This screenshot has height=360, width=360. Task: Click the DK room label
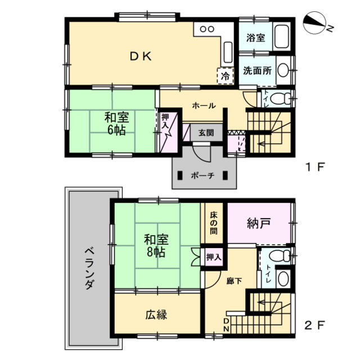pyautogui.click(x=141, y=56)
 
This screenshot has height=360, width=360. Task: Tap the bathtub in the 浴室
pyautogui.click(x=281, y=37)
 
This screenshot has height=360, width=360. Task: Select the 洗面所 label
pyautogui.click(x=258, y=70)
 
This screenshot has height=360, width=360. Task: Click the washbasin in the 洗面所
pyautogui.click(x=283, y=70)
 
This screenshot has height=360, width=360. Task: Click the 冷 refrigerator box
pyautogui.click(x=226, y=76)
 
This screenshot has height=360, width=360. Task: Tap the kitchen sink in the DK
pyautogui.click(x=228, y=52)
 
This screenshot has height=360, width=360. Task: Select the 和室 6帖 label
pyautogui.click(x=116, y=124)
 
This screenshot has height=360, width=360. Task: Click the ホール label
pyautogui.click(x=204, y=106)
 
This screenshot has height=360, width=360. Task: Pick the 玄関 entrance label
pyautogui.click(x=206, y=133)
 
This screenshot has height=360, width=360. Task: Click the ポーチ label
pyautogui.click(x=202, y=175)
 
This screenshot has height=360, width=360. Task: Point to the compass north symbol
pyautogui.click(x=315, y=23)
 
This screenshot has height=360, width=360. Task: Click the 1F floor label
pyautogui.click(x=314, y=166)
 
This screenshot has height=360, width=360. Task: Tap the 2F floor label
pyautogui.click(x=314, y=325)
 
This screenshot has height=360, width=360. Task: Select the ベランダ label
pyautogui.click(x=90, y=268)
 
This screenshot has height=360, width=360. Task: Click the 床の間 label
pyautogui.click(x=214, y=223)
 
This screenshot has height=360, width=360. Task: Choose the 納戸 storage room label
pyautogui.click(x=259, y=223)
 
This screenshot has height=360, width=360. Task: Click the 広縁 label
pyautogui.click(x=156, y=314)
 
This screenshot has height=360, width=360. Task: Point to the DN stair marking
pyautogui.click(x=226, y=325)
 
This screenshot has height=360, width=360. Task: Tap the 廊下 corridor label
pyautogui.click(x=234, y=281)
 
